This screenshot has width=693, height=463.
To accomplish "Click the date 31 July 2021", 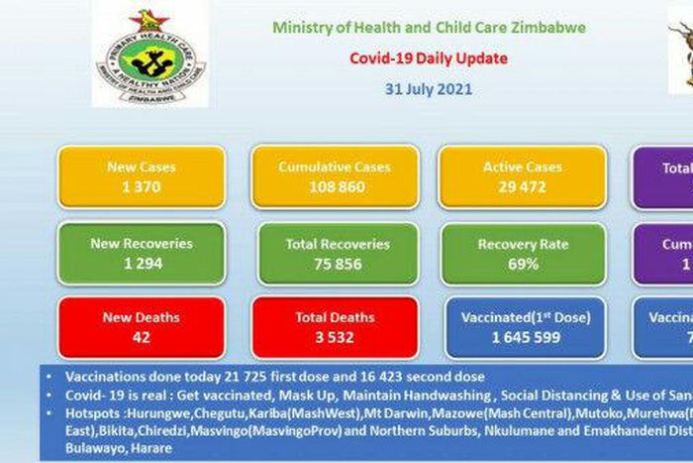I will click(x=429, y=88).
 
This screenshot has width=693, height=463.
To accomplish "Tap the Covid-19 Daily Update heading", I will click(x=429, y=58).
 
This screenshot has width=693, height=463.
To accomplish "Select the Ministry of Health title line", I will click(x=429, y=29).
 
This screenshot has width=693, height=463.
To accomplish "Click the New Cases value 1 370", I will click(x=141, y=186).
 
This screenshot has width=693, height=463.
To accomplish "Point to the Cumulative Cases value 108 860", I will click(x=334, y=186).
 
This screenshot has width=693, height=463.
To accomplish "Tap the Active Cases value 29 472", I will click(x=522, y=186).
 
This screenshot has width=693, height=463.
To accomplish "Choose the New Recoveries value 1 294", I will click(x=141, y=264).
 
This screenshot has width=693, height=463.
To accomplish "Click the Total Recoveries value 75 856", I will click(x=335, y=264).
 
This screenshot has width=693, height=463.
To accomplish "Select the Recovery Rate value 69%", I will click(x=522, y=264).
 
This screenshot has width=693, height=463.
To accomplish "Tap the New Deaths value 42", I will click(x=141, y=337).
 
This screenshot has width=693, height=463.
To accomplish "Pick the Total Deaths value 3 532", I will click(x=334, y=337).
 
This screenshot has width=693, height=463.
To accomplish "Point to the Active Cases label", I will click(x=522, y=168).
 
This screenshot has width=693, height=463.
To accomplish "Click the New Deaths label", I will click(x=141, y=318).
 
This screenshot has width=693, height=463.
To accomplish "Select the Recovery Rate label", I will click(x=522, y=244).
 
